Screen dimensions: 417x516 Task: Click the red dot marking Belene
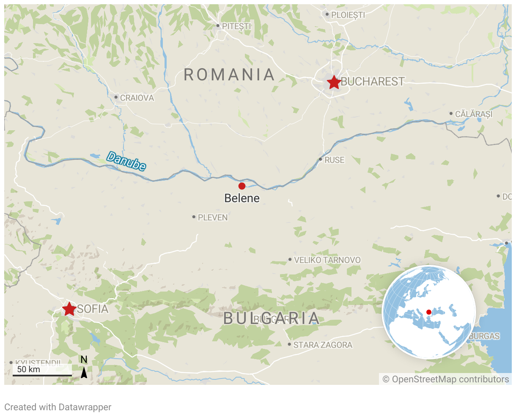[242, 186]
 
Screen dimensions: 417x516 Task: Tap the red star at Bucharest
[334, 82]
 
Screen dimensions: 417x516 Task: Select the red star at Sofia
[69, 309]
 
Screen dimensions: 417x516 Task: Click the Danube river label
[126, 161]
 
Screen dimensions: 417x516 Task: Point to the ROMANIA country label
[230, 75]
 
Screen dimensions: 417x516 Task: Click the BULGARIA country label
[271, 318]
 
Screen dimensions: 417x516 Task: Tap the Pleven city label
[213, 217]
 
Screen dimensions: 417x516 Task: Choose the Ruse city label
[334, 160]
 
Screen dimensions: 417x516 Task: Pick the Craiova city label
[137, 98]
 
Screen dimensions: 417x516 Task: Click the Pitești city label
[236, 26]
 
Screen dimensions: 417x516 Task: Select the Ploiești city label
[348, 15]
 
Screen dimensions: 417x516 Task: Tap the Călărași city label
[474, 114]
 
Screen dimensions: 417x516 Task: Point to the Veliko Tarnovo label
[327, 260]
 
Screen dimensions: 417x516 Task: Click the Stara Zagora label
[322, 345]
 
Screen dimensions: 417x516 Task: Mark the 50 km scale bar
[42, 375]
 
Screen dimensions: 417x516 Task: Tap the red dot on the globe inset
[429, 312]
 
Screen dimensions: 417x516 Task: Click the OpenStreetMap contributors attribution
[446, 379]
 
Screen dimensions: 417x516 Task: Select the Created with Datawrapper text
[58, 407]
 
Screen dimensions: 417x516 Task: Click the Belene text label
[242, 198]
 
